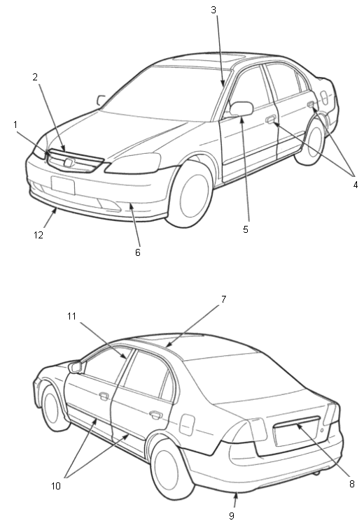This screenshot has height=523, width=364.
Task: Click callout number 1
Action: [15, 124]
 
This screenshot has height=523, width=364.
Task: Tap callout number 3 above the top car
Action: [213, 10]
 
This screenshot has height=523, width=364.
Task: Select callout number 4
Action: [356, 185]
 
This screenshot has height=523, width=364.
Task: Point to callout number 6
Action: [138, 252]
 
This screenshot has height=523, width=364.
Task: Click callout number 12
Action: [38, 235]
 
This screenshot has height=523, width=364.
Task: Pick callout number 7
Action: [223, 299]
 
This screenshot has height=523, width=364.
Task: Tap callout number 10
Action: [56, 486]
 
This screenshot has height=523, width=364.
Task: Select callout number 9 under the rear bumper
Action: [232, 516]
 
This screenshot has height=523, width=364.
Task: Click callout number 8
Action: [351, 484]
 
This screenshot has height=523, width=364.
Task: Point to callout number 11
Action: [72, 316]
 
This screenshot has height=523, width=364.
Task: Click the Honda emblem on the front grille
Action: [69, 163]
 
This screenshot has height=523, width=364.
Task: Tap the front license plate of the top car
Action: [63, 185]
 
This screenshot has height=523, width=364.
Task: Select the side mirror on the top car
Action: [241, 109]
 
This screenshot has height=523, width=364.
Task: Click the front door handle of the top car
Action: [270, 119]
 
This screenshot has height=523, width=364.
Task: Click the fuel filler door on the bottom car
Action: [187, 424]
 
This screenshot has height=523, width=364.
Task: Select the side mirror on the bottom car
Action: [75, 367]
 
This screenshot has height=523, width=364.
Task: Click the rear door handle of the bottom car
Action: [155, 415]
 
